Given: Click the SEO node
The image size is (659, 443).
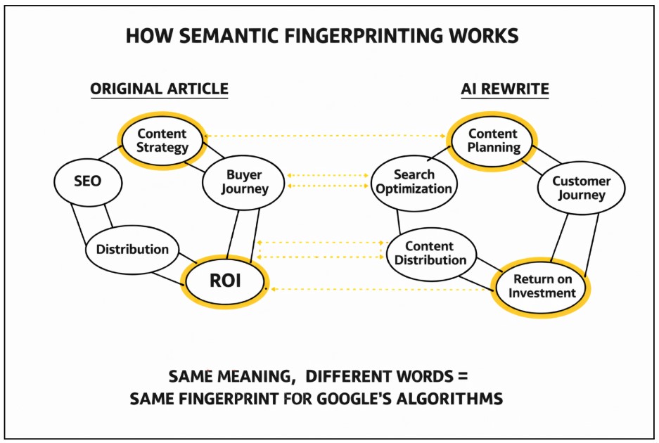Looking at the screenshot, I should [87, 181].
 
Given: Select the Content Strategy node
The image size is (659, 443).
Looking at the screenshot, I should [162, 141].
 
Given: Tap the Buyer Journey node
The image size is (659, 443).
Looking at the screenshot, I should [244, 181].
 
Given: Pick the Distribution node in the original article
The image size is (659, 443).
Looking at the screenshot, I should [132, 249].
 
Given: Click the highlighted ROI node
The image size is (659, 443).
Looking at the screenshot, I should [225, 281].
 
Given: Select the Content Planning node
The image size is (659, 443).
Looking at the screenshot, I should [494, 141].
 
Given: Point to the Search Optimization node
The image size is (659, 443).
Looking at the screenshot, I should [414, 181].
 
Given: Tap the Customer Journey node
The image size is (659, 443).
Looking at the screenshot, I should [581, 188].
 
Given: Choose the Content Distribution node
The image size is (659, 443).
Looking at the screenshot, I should [430, 253].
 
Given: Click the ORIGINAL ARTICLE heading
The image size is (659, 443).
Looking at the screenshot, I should [159, 89].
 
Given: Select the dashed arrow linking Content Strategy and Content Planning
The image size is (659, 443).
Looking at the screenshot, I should [327, 136].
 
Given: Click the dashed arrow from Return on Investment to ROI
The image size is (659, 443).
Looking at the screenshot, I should [380, 289].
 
